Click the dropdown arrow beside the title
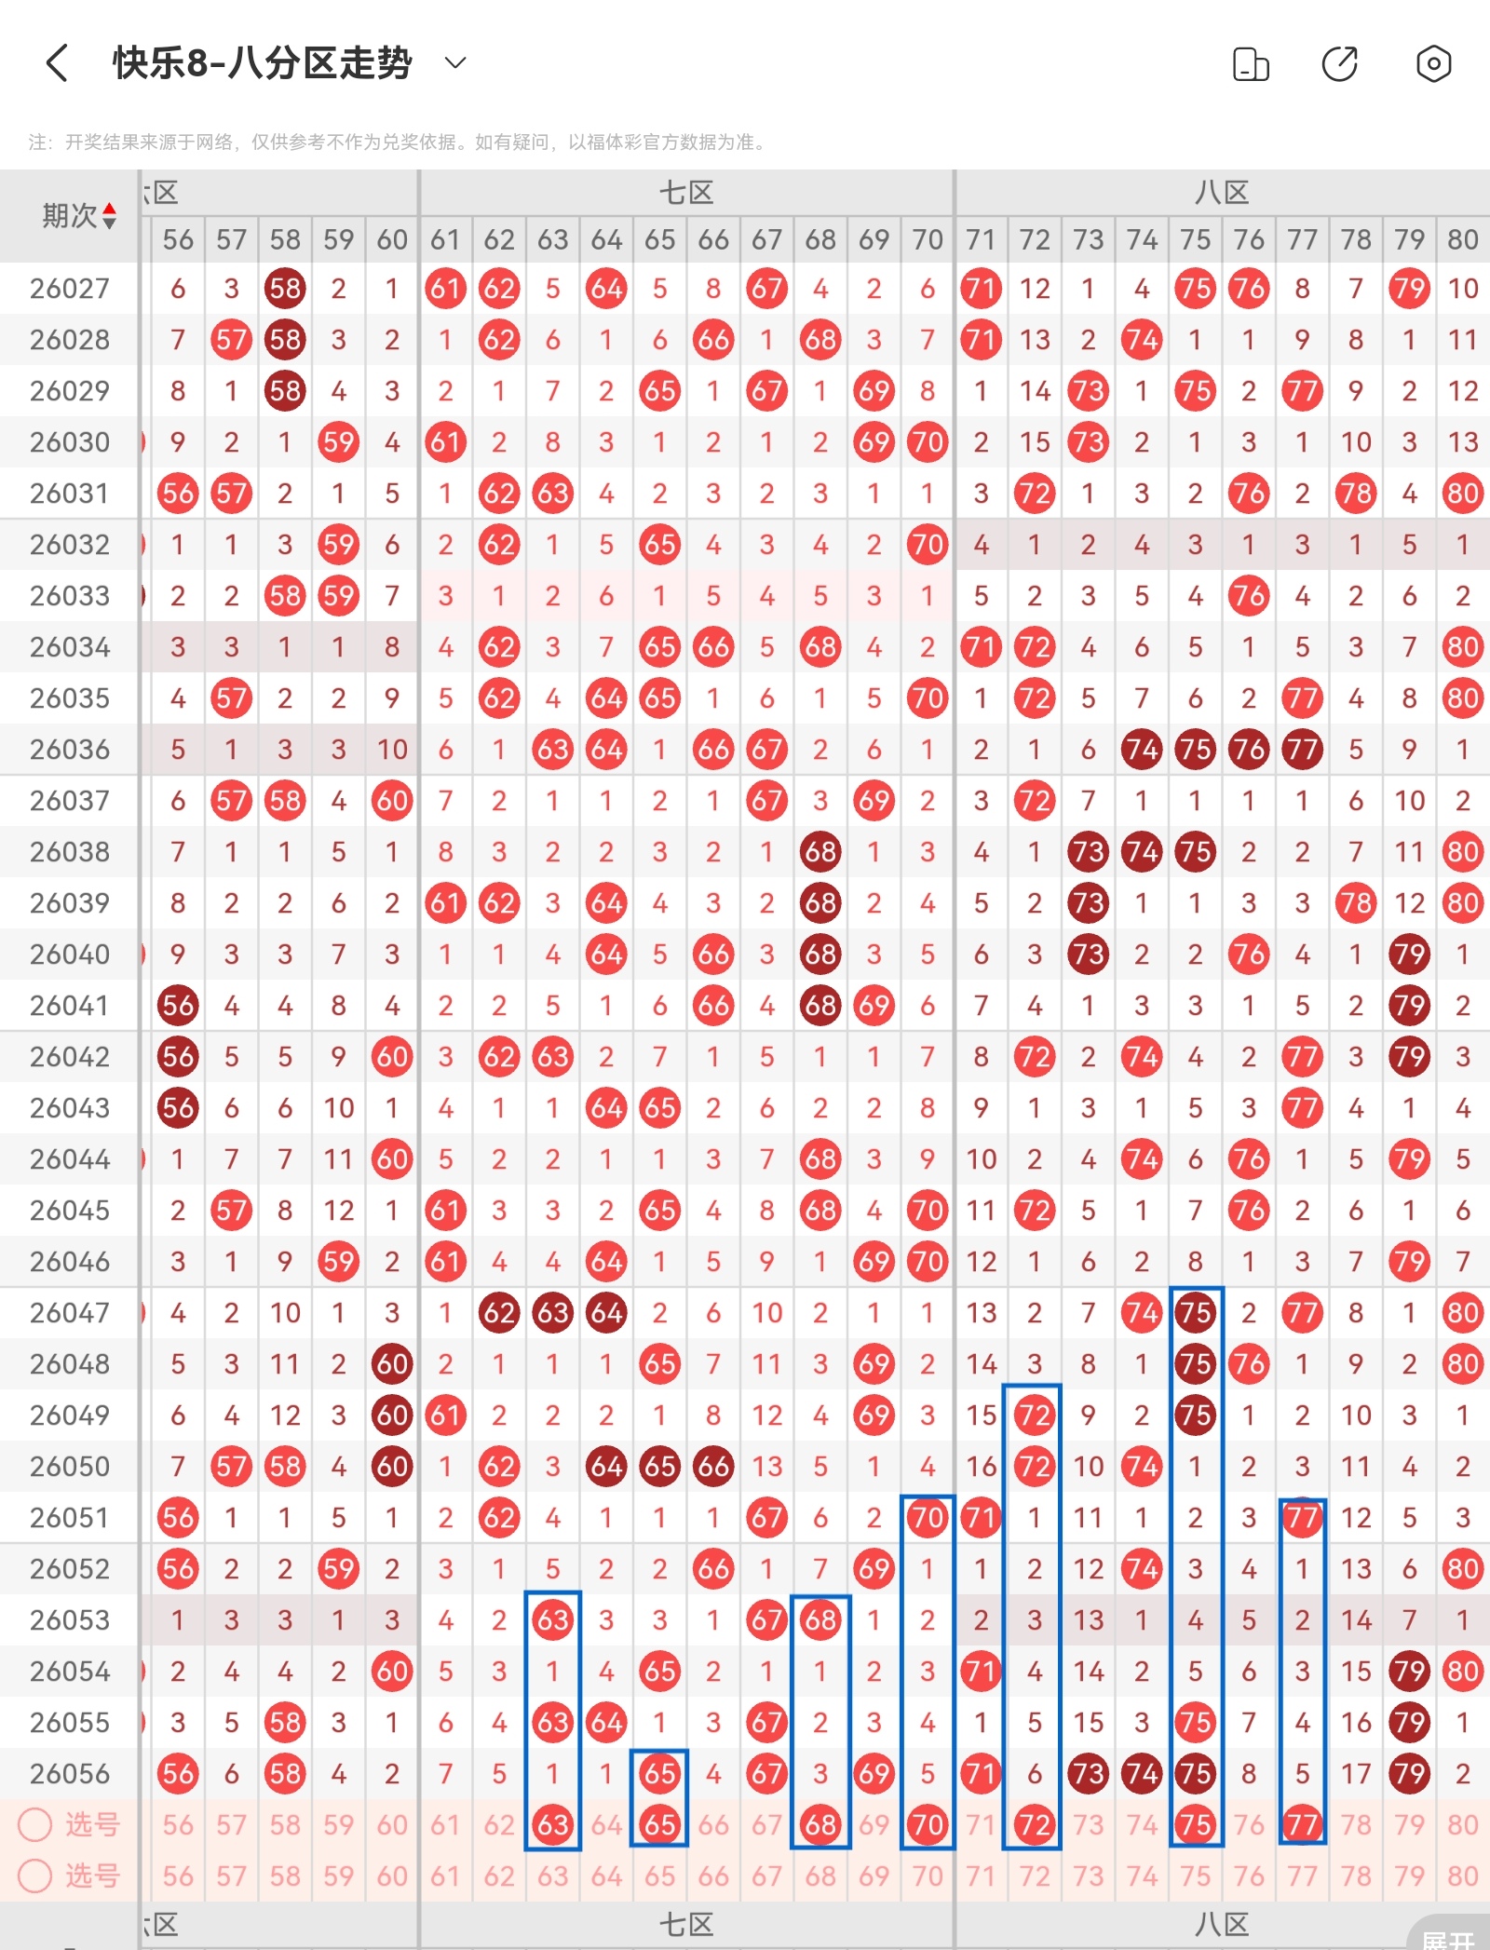point(454,63)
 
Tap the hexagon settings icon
point(1433,64)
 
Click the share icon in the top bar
point(1340,64)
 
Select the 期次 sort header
point(79,216)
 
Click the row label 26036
point(70,750)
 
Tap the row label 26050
point(70,1467)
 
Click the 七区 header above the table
point(686,194)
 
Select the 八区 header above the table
point(1222,194)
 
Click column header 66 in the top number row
point(713,240)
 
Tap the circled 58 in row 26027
point(285,289)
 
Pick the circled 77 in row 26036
point(1302,750)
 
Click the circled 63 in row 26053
point(552,1620)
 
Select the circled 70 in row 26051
point(928,1518)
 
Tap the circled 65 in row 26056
point(659,1774)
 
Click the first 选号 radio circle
point(35,1824)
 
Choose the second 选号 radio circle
point(35,1876)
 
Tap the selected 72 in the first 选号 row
point(1034,1824)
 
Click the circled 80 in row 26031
point(1462,494)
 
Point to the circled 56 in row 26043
point(178,1108)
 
